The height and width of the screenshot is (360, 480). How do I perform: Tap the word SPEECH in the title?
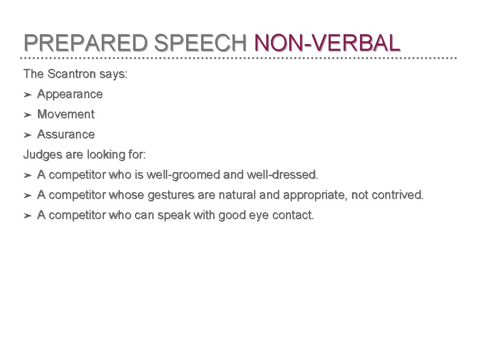200,43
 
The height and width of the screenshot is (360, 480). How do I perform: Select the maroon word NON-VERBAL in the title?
327,43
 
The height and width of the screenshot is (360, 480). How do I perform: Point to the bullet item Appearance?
70,94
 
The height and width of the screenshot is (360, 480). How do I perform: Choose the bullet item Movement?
66,114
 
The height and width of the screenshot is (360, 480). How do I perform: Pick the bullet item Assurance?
66,135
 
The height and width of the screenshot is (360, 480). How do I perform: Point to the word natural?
236,195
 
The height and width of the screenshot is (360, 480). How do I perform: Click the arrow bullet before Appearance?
28,95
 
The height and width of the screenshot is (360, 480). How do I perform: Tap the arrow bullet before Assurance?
28,135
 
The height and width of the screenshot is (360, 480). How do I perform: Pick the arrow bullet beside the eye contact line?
28,216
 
